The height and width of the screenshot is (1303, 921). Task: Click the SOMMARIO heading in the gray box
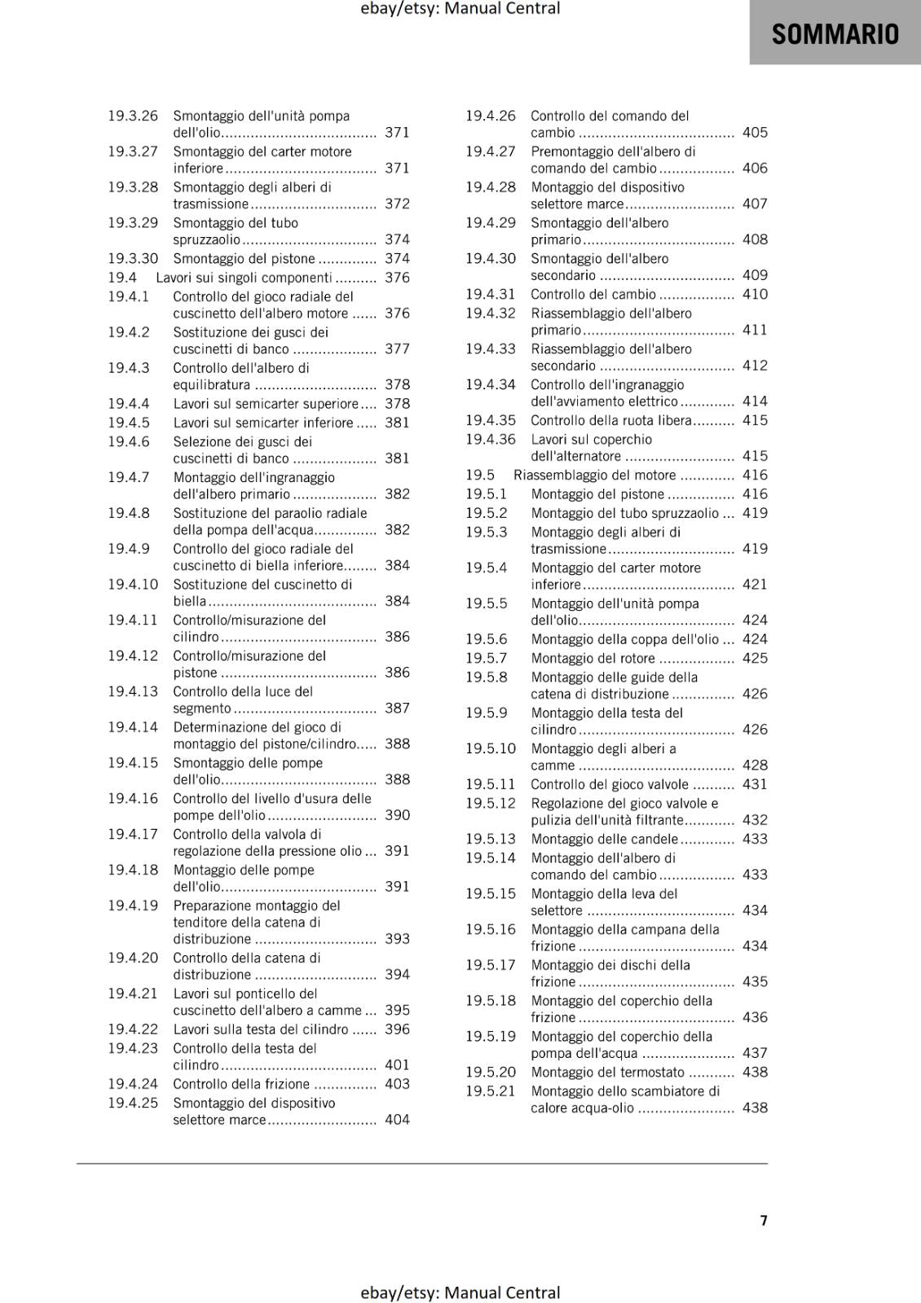(x=835, y=34)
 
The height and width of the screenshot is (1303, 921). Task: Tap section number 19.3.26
(x=133, y=116)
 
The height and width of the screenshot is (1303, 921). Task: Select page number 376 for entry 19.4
(x=397, y=278)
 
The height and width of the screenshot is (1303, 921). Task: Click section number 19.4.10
(x=133, y=585)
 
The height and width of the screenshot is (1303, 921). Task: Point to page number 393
(x=397, y=939)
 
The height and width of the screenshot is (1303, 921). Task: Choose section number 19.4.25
(x=133, y=1103)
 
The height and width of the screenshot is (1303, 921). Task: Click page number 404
(x=397, y=1120)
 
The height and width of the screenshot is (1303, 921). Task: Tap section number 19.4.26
(x=491, y=116)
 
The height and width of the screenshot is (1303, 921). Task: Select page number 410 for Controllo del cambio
(x=755, y=294)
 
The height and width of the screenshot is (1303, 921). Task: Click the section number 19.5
(x=480, y=475)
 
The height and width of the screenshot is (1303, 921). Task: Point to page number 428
(x=755, y=765)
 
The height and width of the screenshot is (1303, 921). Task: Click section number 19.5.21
(x=491, y=1091)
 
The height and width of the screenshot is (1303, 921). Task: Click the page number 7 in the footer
(x=764, y=1220)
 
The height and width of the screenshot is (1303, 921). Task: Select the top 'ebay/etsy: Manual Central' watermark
(x=460, y=9)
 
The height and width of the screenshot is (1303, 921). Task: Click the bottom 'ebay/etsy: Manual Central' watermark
(x=460, y=1292)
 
